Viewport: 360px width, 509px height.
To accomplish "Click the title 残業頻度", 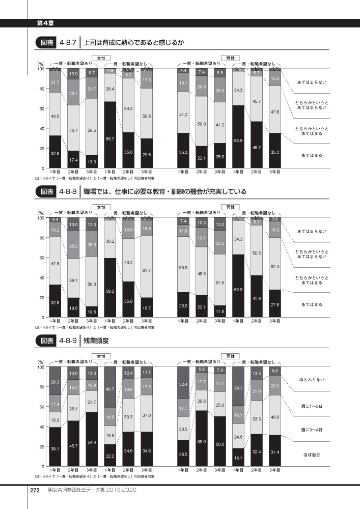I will pyautogui.click(x=98, y=341).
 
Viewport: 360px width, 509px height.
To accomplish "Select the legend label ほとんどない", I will pyautogui.click(x=314, y=380).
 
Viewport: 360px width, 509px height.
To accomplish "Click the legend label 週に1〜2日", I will pyautogui.click(x=314, y=406).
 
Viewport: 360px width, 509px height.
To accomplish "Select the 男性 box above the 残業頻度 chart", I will pyautogui.click(x=227, y=356).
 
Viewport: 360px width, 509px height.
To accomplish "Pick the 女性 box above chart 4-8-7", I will pyautogui.click(x=100, y=58).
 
